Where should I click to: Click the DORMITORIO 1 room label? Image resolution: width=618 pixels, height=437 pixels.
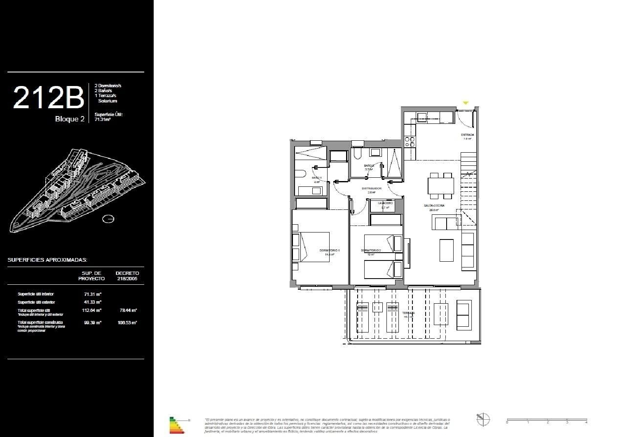(329, 250)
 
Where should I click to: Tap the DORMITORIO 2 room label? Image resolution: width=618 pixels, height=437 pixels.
(371, 250)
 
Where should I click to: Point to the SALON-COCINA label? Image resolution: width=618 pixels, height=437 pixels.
(434, 205)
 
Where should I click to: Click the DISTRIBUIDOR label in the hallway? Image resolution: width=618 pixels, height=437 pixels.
(372, 188)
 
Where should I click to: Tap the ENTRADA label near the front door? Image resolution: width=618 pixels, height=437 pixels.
(467, 135)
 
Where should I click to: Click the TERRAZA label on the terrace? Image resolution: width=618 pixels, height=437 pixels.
(409, 313)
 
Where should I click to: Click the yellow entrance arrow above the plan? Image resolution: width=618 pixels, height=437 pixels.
(466, 103)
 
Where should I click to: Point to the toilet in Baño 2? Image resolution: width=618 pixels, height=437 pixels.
(357, 154)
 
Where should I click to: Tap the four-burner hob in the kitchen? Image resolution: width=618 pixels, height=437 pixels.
(410, 142)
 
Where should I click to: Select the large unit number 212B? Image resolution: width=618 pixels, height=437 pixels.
(48, 98)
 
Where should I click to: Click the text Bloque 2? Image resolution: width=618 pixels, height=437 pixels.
(70, 119)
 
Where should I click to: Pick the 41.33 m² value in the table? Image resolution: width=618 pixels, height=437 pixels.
(93, 302)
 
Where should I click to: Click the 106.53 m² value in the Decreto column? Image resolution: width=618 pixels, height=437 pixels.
(127, 323)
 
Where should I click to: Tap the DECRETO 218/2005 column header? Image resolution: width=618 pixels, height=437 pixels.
(127, 276)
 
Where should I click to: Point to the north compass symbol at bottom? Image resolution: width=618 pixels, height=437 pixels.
(483, 419)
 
